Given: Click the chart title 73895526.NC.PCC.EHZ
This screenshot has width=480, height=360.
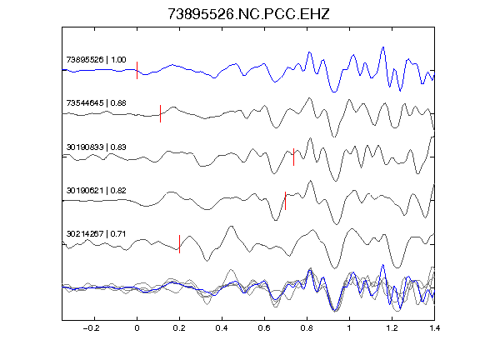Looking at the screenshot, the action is [x=248, y=14].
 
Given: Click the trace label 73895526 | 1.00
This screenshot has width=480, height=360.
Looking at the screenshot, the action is [x=96, y=59].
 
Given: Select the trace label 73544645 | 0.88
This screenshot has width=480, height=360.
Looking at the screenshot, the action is [x=96, y=102].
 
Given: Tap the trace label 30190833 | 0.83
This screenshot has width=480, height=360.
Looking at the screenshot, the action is [x=96, y=147].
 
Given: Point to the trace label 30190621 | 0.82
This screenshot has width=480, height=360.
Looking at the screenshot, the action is [x=96, y=190].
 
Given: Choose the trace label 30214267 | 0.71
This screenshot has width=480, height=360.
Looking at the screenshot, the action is [x=96, y=234].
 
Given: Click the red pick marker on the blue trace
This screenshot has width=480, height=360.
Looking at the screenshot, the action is [x=137, y=70].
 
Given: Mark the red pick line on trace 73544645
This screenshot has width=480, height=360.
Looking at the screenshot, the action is [x=160, y=113].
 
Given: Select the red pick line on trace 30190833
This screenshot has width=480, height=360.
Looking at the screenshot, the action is [x=293, y=157].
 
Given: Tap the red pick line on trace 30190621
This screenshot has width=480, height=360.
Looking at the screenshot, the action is [x=285, y=201].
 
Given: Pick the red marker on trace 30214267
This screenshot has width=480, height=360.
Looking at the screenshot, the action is [x=179, y=244].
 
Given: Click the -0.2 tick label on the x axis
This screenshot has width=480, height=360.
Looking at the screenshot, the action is [x=92, y=328].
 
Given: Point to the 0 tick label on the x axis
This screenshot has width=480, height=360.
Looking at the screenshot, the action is [x=137, y=328].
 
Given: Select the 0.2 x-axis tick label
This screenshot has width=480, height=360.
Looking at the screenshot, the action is [x=179, y=328].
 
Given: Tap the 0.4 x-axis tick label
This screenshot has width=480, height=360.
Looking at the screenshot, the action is [x=222, y=328].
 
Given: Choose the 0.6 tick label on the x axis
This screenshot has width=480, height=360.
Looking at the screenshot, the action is [x=264, y=328].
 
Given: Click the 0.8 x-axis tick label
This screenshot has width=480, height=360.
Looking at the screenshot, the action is [x=307, y=328].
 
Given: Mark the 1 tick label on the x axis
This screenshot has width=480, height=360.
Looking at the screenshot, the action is [x=349, y=328].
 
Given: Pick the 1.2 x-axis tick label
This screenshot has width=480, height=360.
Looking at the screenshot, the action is [x=392, y=328].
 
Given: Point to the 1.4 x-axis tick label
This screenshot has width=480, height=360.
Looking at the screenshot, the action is [x=434, y=328].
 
